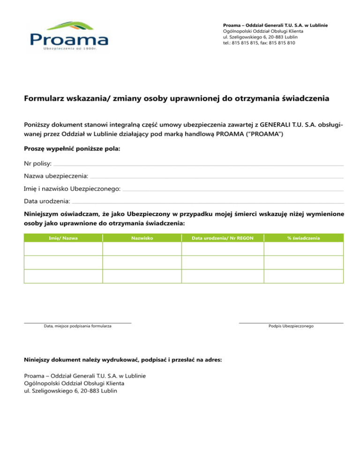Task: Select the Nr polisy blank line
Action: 199,165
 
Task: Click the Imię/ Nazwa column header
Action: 63,238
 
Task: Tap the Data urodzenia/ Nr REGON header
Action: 223,238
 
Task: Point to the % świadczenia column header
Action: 304,238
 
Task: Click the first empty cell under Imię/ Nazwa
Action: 63,249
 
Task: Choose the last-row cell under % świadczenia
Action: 304,276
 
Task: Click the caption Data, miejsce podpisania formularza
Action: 77,326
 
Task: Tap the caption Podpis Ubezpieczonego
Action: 291,326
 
